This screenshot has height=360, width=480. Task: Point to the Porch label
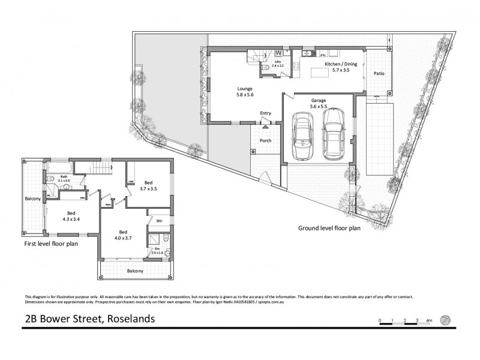click(x=265, y=141)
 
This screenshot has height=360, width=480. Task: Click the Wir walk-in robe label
click(x=160, y=220)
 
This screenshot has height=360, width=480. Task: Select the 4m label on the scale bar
click(x=428, y=322)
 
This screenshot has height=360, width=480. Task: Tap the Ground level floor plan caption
click(x=329, y=228)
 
